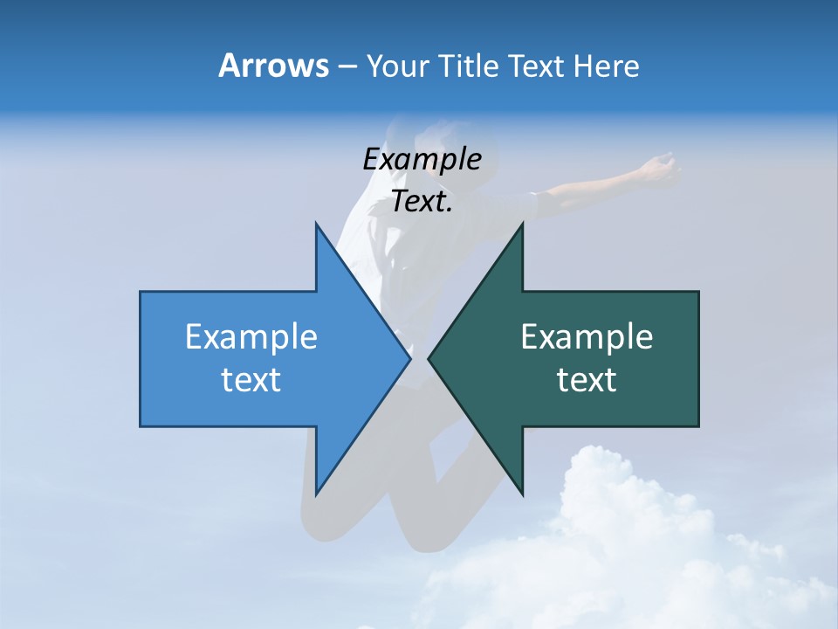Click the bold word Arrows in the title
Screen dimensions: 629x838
[272, 66]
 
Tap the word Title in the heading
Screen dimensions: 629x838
[469, 66]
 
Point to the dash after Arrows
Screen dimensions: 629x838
[347, 67]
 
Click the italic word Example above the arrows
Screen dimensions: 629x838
[422, 159]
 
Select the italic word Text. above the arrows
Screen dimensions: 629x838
[422, 202]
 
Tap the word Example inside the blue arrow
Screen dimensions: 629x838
[251, 336]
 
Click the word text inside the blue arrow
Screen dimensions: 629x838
[251, 379]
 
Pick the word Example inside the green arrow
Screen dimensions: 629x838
[587, 336]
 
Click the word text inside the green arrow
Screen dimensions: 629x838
[587, 379]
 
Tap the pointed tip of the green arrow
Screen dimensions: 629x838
[429, 358]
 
